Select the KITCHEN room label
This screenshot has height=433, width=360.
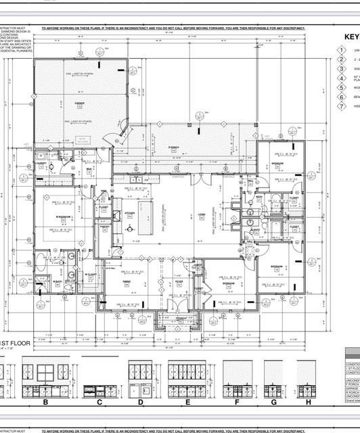tap(130, 214)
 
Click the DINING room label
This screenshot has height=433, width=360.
tap(127, 281)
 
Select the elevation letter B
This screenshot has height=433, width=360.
tap(45, 402)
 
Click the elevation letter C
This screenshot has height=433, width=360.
tap(99, 402)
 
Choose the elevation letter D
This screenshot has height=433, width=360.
tap(140, 402)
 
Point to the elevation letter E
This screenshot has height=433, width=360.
tap(186, 402)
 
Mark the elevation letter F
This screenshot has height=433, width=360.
tap(237, 402)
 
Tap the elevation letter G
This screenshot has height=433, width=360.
tap(273, 402)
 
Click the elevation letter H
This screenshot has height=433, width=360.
tap(308, 402)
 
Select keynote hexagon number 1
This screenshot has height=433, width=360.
tap(342, 51)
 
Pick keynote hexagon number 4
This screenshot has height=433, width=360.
tap(342, 78)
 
